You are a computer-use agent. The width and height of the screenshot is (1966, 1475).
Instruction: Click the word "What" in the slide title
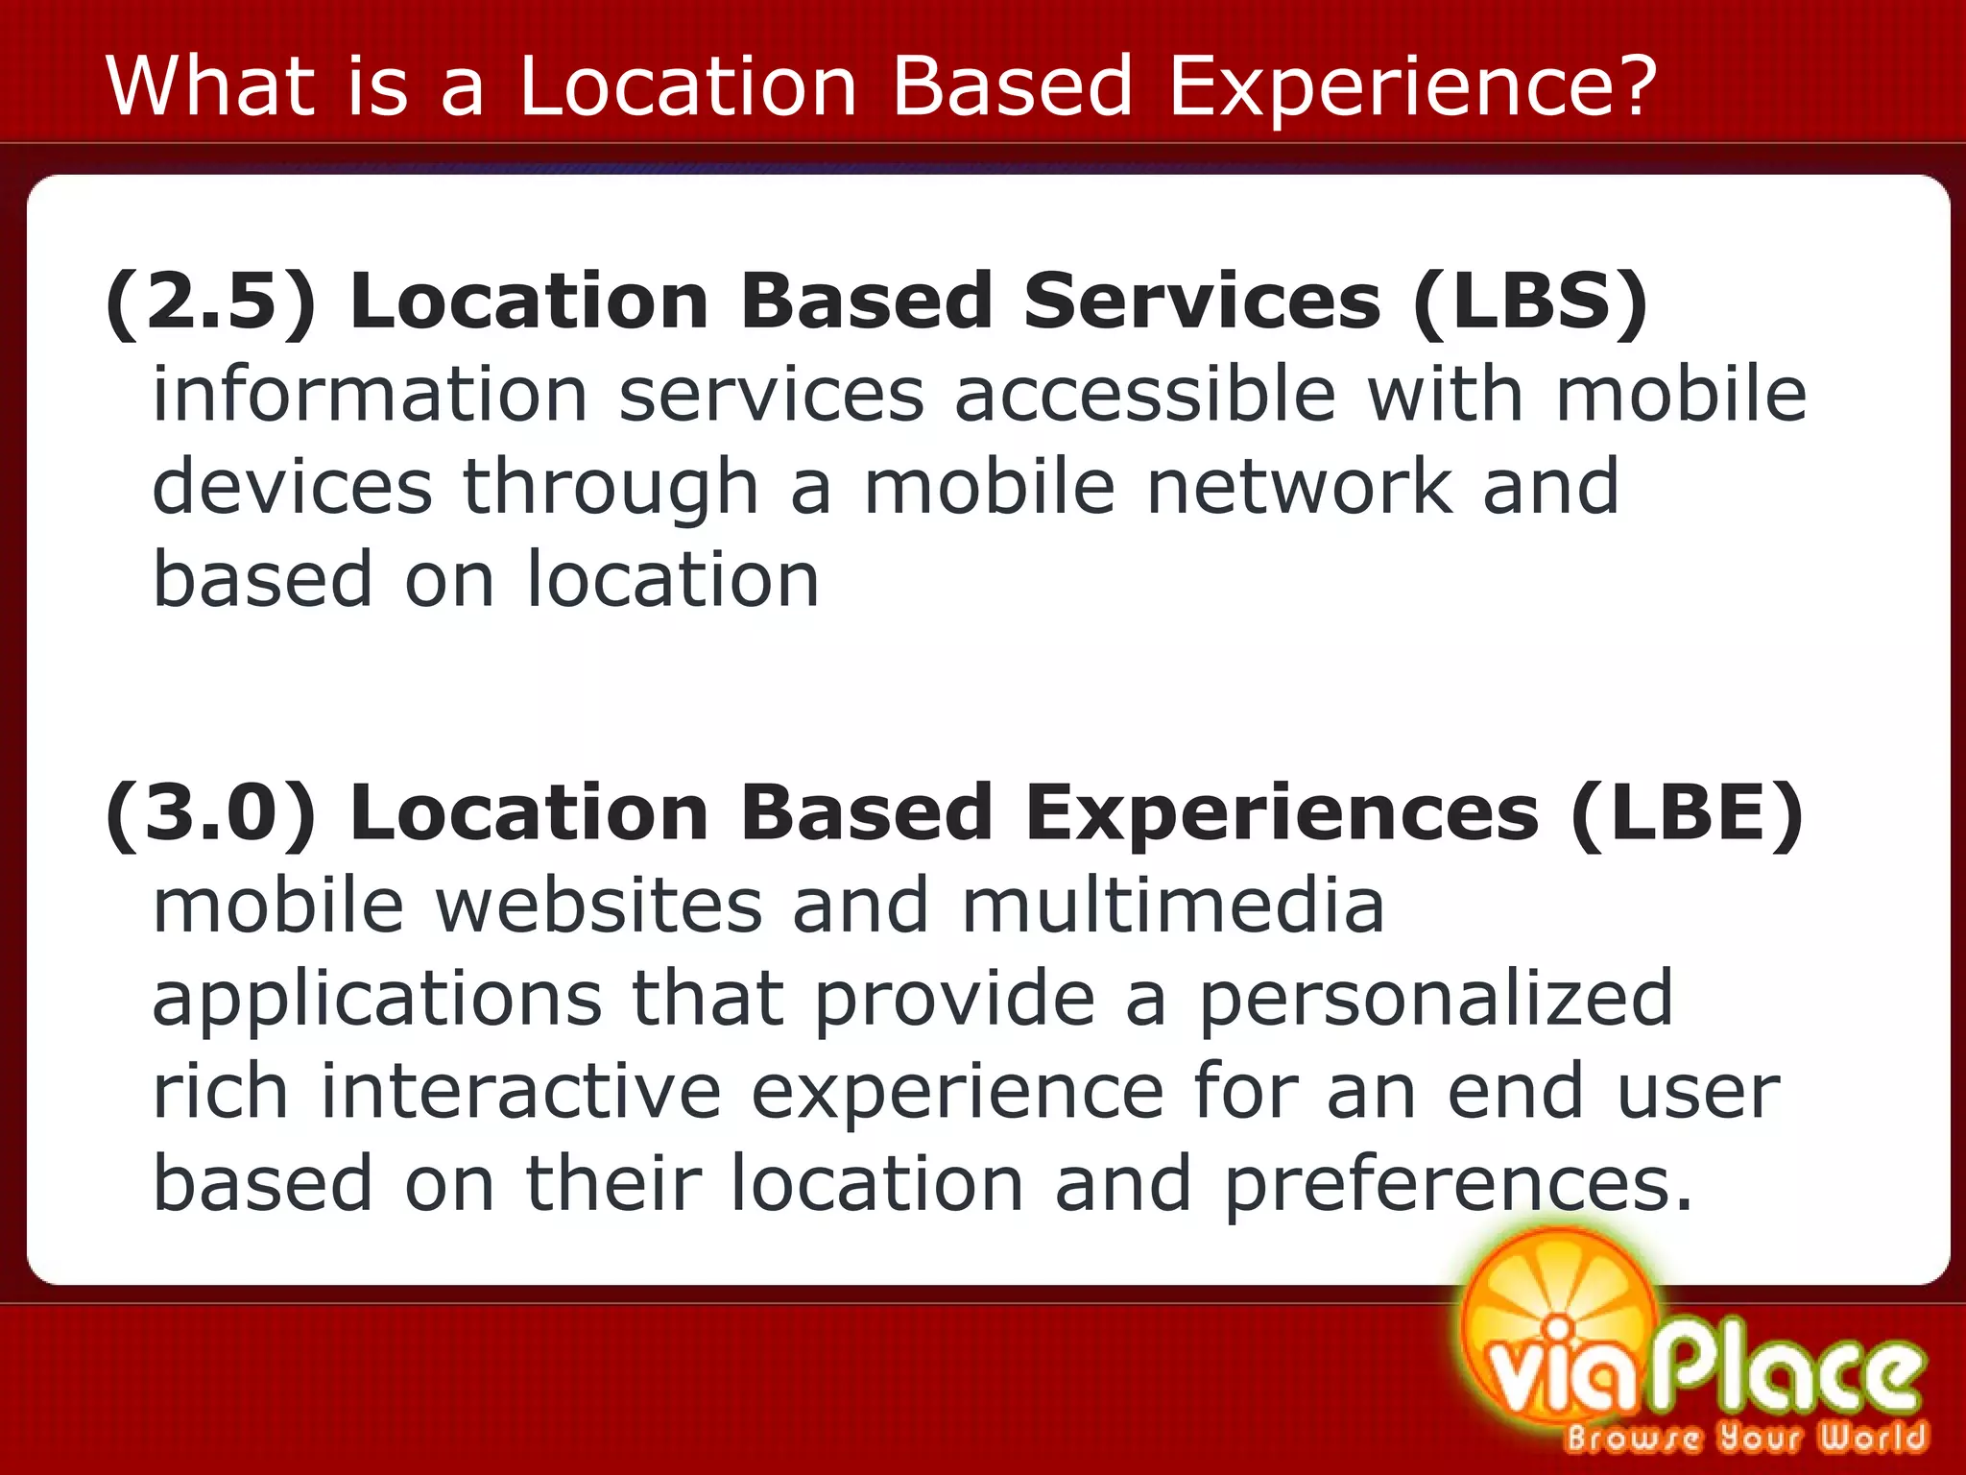tap(210, 85)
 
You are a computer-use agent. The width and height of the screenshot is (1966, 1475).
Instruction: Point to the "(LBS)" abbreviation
tap(1530, 302)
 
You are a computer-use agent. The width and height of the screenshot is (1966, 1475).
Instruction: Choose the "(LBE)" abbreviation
tap(1688, 813)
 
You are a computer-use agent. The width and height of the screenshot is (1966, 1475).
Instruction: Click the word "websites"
tap(599, 906)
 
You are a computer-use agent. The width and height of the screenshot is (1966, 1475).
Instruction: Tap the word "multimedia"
tap(1173, 906)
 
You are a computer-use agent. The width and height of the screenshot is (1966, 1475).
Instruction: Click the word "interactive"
tap(520, 1091)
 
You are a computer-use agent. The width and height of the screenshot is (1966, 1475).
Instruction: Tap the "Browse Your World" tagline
tap(1745, 1438)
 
